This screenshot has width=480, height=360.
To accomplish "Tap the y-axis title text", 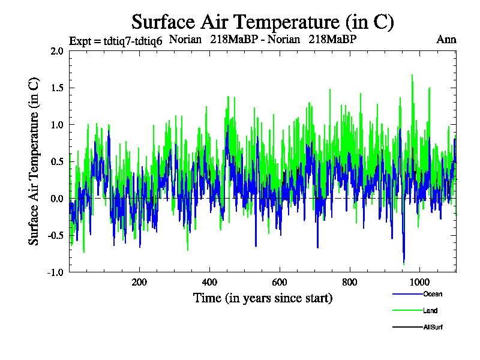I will coord(35,161).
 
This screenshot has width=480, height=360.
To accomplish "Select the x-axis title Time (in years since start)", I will coord(263,298).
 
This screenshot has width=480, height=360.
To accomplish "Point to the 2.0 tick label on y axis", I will coord(57,51).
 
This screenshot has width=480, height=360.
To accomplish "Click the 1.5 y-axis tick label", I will coord(57,88).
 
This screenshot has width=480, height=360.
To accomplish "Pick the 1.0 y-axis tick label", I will coord(57,125).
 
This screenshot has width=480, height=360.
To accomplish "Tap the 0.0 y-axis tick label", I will coord(57,199).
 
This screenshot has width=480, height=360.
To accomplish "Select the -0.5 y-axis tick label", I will coord(56,235).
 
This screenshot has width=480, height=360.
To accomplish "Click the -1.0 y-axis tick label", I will coord(56,272).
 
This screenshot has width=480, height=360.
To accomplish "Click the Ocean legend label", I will coord(432,294).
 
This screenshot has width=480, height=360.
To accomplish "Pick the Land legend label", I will coord(430,311).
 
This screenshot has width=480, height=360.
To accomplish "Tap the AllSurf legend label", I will coord(433,328).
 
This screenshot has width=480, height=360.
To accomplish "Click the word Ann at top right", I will coord(447,40).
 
